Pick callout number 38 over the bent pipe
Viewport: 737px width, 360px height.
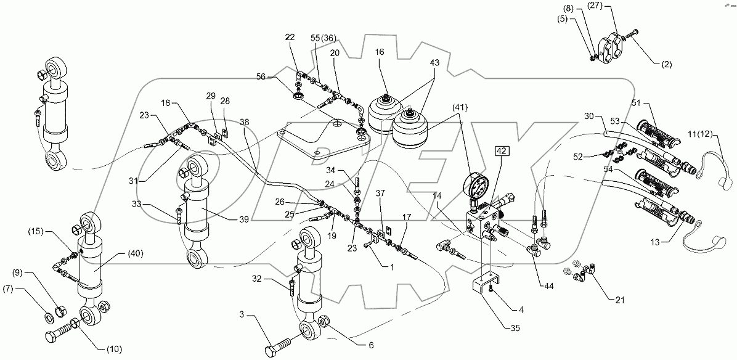coord(245,123)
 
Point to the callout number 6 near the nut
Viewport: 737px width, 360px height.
coord(370,345)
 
